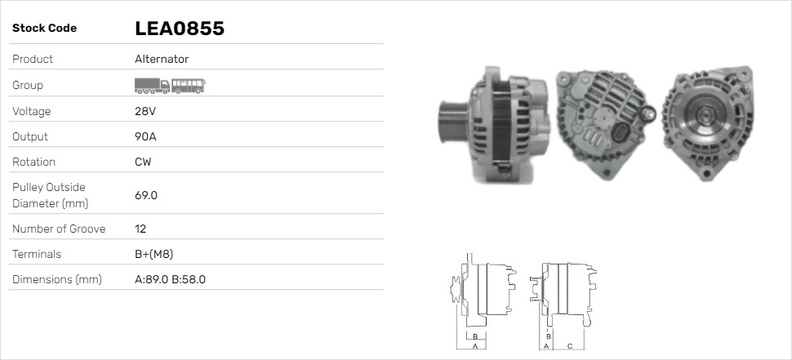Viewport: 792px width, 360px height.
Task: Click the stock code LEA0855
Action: [x=179, y=29]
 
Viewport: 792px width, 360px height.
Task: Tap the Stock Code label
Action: [x=44, y=29]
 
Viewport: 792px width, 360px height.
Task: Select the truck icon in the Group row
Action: [x=151, y=85]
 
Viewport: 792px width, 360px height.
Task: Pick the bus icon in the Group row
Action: [x=189, y=85]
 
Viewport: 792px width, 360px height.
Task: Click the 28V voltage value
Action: [x=145, y=111]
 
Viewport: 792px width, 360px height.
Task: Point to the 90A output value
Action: [x=145, y=136]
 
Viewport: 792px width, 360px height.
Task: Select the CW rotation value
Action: [x=143, y=162]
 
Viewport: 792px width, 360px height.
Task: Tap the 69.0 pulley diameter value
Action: [x=145, y=195]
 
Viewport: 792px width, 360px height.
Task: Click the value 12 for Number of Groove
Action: [x=140, y=229]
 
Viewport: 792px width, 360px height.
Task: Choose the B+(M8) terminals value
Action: [x=154, y=254]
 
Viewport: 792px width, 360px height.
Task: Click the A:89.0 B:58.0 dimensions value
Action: [x=170, y=279]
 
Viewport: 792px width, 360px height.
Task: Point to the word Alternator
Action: [x=162, y=59]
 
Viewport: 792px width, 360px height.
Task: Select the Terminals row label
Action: [x=37, y=254]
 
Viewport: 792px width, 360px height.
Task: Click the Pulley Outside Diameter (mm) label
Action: [x=50, y=195]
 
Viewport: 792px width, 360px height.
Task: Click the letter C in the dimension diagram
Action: [x=569, y=346]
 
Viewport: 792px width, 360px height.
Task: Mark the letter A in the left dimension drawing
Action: [x=475, y=346]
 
